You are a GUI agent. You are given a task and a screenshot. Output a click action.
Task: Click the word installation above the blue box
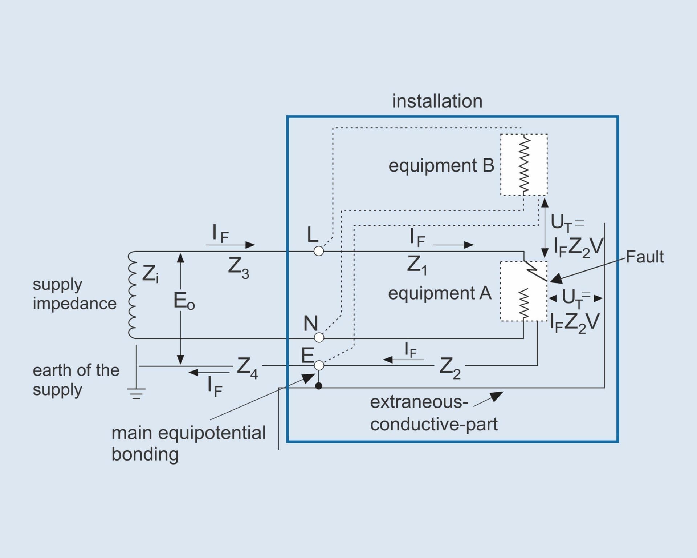tap(437, 101)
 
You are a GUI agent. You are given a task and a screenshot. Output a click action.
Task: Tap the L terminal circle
tap(318, 251)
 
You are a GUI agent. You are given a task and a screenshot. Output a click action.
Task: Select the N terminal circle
tap(319, 338)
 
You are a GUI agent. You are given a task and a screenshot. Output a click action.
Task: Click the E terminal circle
tap(319, 365)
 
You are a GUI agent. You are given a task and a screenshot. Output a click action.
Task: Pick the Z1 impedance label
tap(417, 265)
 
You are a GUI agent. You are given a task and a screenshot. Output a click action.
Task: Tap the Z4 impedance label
tap(247, 368)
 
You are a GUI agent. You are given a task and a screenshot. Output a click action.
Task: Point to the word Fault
tap(645, 257)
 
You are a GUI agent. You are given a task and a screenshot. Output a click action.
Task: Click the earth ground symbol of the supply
tap(136, 392)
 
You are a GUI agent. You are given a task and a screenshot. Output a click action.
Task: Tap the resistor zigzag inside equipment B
tap(524, 165)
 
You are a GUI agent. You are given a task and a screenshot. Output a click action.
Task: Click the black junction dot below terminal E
tap(318, 386)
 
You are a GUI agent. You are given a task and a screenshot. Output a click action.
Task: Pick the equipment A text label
tap(439, 293)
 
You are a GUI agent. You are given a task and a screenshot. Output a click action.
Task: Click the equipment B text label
tap(441, 166)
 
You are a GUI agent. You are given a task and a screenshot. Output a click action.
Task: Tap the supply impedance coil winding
tap(132, 295)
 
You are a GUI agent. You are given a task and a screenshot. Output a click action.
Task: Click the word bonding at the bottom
tap(145, 454)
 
